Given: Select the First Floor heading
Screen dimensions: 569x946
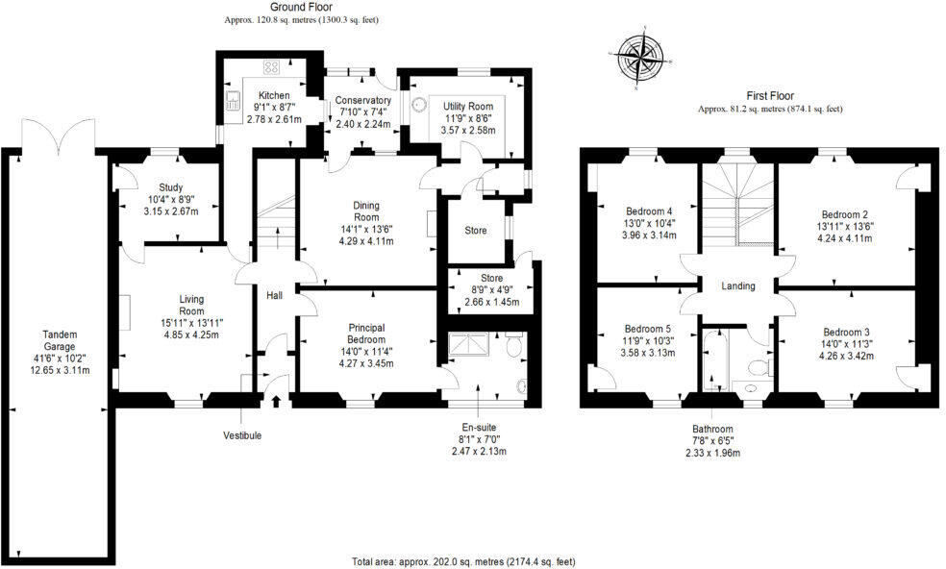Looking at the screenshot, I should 769,97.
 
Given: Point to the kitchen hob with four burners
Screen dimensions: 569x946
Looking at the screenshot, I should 271,67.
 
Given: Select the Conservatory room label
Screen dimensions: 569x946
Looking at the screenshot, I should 362,100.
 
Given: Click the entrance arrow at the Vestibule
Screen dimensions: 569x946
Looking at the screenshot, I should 277,401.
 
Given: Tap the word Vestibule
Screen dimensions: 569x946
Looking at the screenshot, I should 242,435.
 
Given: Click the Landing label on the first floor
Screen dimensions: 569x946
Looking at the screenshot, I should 738,286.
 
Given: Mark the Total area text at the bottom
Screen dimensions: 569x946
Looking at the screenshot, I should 464,560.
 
